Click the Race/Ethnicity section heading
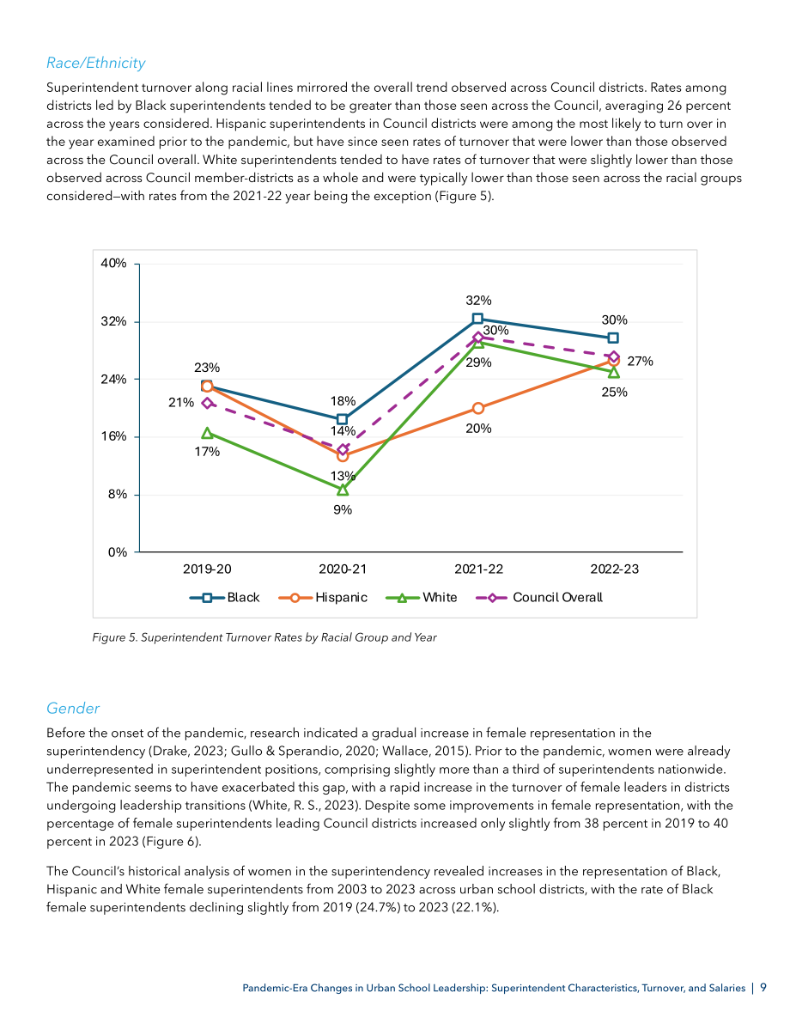pyautogui.click(x=96, y=63)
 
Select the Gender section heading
pyautogui.click(x=73, y=708)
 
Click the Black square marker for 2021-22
pyautogui.click(x=477, y=319)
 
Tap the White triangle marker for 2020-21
pyautogui.click(x=343, y=490)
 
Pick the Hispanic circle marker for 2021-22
pyautogui.click(x=478, y=408)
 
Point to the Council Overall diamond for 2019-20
pyautogui.click(x=208, y=403)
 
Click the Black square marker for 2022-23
pyautogui.click(x=613, y=338)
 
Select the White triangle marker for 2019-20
pyautogui.click(x=208, y=433)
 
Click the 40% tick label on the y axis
pyautogui.click(x=113, y=263)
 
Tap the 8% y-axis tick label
pyautogui.click(x=118, y=494)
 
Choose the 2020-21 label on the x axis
pyautogui.click(x=343, y=569)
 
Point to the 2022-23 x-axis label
pyautogui.click(x=615, y=569)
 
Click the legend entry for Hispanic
pyautogui.click(x=323, y=598)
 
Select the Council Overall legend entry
pyautogui.click(x=539, y=598)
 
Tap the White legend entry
pyautogui.click(x=422, y=598)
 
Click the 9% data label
pyautogui.click(x=343, y=509)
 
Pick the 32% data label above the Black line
pyautogui.click(x=478, y=300)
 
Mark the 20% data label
pyautogui.click(x=478, y=428)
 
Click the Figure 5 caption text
pyautogui.click(x=264, y=637)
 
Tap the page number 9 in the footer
pyautogui.click(x=763, y=988)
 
